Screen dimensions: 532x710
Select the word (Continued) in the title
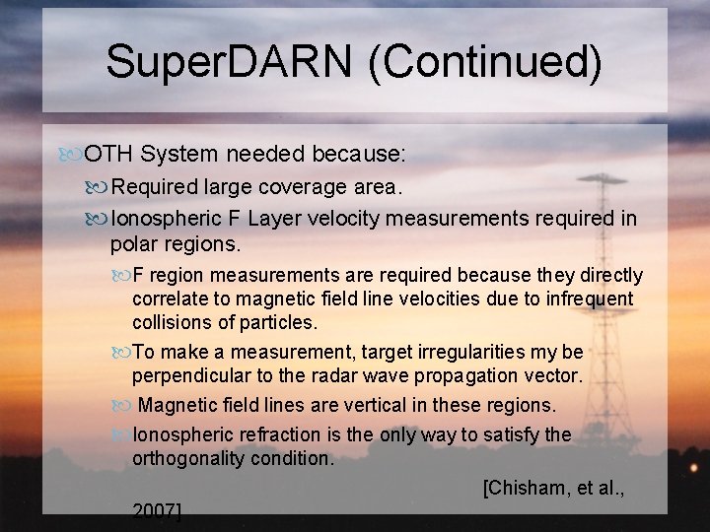(485, 61)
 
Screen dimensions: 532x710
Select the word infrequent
(586, 299)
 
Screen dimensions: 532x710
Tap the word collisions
(174, 322)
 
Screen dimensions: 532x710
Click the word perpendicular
(193, 375)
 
